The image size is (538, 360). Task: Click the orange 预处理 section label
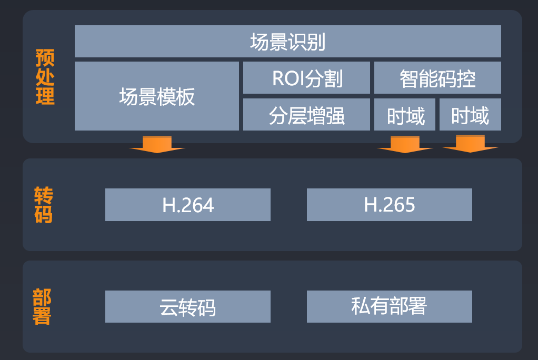pyautogui.click(x=45, y=77)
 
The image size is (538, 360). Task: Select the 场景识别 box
pyautogui.click(x=287, y=41)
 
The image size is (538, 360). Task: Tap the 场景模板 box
pyautogui.click(x=157, y=96)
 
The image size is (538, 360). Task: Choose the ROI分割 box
pyautogui.click(x=306, y=78)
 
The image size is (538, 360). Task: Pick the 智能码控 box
pyautogui.click(x=437, y=78)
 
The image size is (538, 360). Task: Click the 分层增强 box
pyautogui.click(x=306, y=114)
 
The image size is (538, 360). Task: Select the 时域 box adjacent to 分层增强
pyautogui.click(x=405, y=114)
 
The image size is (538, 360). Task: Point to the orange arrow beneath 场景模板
pyautogui.click(x=157, y=144)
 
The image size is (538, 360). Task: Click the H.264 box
pyautogui.click(x=188, y=205)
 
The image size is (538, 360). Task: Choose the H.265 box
pyautogui.click(x=390, y=205)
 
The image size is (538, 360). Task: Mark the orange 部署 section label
pyautogui.click(x=42, y=306)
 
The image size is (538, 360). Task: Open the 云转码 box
pyautogui.click(x=188, y=307)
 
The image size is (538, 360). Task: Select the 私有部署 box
pyautogui.click(x=390, y=306)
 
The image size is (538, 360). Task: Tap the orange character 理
pyautogui.click(x=45, y=96)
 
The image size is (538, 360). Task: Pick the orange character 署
pyautogui.click(x=42, y=316)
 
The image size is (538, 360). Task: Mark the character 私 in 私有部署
pyautogui.click(x=361, y=306)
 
